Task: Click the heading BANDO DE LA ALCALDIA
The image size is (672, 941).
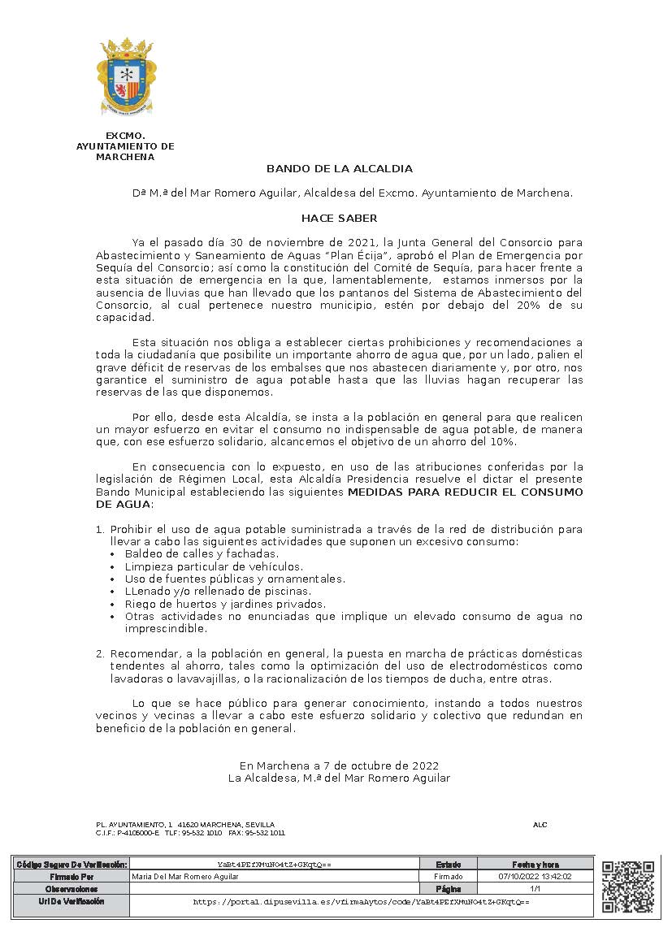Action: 340,169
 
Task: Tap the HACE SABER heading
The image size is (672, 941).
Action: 339,218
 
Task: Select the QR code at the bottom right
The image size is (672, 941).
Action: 627,887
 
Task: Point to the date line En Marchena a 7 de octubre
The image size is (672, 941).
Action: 339,765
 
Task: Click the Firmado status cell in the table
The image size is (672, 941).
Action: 449,877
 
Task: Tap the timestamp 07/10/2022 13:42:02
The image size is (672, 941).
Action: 535,877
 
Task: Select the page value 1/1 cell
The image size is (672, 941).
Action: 535,889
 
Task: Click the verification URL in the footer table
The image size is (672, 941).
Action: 361,902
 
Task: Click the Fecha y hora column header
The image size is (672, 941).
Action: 535,865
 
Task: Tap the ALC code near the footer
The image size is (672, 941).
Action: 540,825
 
